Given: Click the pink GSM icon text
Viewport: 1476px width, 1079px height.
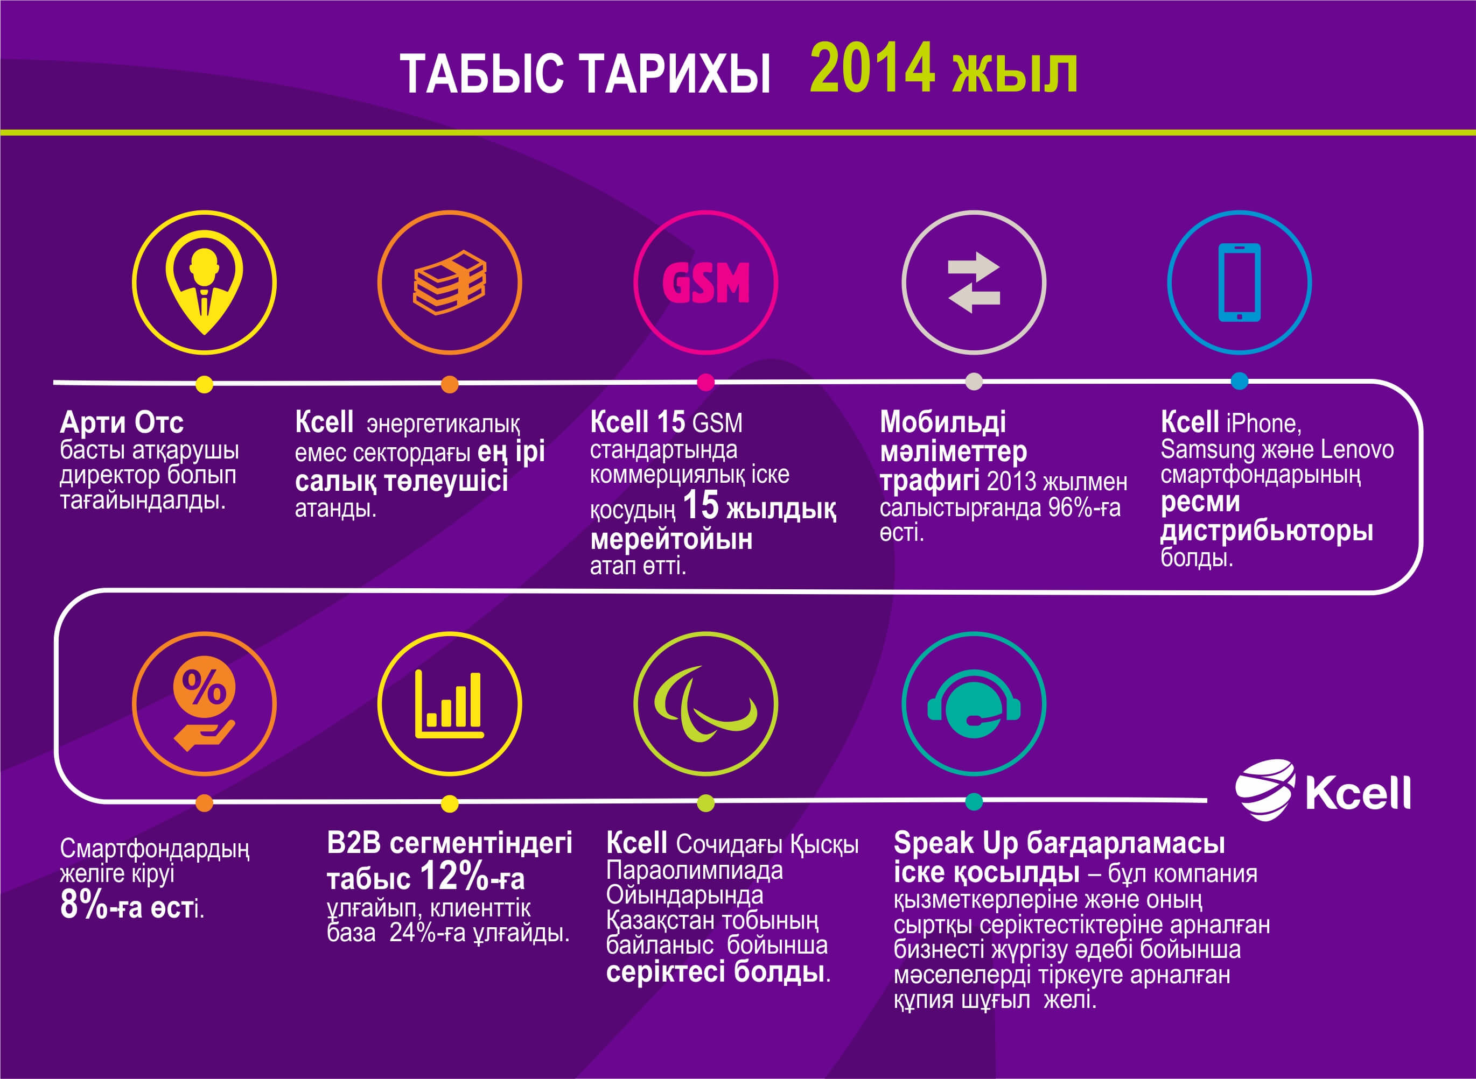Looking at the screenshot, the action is pos(705,283).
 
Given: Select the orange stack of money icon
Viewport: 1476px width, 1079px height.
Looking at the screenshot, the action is pos(450,282).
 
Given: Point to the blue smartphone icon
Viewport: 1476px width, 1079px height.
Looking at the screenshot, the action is pos(1240,282).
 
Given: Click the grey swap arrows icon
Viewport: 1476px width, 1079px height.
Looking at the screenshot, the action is pos(974,282).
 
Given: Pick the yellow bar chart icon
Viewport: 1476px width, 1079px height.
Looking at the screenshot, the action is pos(450,704).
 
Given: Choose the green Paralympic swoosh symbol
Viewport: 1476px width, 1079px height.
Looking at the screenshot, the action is pos(705,704).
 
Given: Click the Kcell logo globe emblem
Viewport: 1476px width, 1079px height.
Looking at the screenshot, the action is pos(1265,789).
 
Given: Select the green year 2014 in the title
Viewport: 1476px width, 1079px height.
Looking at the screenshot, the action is pos(872,68).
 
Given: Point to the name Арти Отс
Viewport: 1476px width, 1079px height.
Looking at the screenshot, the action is pos(122,422).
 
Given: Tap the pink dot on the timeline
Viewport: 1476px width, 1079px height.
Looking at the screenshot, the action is pos(705,382).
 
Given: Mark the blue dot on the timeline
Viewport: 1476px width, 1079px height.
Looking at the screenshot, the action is pos(1240,381).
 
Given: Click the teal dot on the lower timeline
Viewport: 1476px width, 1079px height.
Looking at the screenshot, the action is pos(974,801).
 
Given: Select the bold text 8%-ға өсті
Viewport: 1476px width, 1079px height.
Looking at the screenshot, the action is pos(131,907).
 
